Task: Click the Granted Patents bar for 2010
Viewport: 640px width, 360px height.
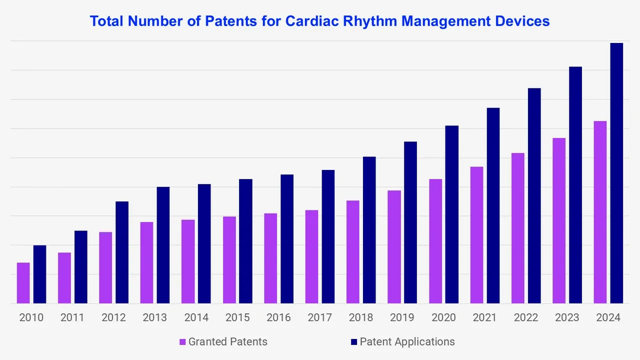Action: [x=23, y=283]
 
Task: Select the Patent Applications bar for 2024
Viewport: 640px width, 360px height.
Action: [x=616, y=173]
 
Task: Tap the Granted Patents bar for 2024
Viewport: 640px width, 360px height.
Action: [x=600, y=212]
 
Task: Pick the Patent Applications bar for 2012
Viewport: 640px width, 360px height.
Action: [x=122, y=252]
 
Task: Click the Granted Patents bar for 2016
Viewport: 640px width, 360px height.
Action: [x=270, y=258]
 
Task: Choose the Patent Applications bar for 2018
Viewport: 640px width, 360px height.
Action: [x=369, y=230]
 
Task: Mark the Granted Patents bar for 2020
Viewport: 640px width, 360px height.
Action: [x=435, y=241]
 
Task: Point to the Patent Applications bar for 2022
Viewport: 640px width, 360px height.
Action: [x=534, y=195]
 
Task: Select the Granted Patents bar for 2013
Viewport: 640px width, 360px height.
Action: [x=146, y=262]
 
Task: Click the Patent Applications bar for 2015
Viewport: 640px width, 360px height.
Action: [x=245, y=241]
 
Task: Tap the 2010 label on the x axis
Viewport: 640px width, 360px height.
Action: [x=31, y=317]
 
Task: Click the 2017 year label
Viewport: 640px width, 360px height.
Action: [x=319, y=317]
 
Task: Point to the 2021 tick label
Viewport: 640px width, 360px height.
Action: [x=484, y=317]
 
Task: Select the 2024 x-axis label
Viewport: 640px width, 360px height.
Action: [x=608, y=317]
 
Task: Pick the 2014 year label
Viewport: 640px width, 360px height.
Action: [x=196, y=317]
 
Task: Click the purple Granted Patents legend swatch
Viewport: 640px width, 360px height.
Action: [x=183, y=342]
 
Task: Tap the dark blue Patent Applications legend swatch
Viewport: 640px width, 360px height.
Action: [x=354, y=342]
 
